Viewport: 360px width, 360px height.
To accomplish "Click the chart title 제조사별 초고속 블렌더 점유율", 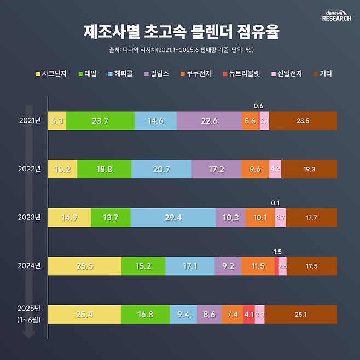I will (181, 32).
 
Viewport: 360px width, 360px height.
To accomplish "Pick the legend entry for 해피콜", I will (118, 73).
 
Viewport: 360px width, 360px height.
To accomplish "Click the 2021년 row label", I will (30, 120).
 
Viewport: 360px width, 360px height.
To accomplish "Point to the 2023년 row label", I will (30, 217).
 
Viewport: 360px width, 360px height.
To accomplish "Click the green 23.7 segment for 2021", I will (100, 121).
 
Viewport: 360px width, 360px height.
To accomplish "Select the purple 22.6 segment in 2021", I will (209, 121).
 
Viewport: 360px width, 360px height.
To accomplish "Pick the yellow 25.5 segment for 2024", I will (84, 266).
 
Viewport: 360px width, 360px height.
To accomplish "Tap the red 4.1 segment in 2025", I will (249, 315).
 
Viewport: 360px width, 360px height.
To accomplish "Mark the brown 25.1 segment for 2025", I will (301, 315).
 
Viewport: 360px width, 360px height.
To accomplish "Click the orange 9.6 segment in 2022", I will (255, 170).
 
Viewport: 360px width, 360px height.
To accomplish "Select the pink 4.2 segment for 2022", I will (275, 170).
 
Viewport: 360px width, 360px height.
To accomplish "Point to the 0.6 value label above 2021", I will (259, 106).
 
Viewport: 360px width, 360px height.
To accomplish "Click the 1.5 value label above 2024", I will (277, 251).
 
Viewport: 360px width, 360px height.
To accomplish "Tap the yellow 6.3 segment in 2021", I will (57, 121).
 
